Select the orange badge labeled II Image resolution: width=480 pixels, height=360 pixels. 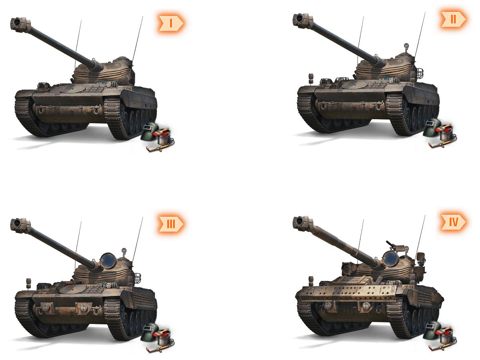click(x=453, y=19)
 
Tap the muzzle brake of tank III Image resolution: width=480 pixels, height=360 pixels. click(x=20, y=224)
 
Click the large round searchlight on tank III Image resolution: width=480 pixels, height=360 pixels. click(x=108, y=261)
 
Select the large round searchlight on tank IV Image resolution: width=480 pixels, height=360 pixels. click(x=390, y=259)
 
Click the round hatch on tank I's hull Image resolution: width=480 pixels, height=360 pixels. click(x=72, y=89)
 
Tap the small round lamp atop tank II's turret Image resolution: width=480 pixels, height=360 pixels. click(x=406, y=46)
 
